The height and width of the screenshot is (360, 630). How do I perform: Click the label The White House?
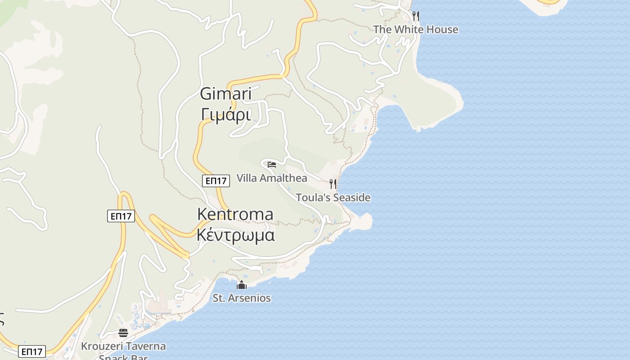click(x=415, y=30)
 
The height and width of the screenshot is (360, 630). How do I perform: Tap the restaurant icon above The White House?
click(x=416, y=16)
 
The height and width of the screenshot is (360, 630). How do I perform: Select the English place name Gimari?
click(x=225, y=94)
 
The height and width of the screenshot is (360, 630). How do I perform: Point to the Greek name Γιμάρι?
click(x=225, y=115)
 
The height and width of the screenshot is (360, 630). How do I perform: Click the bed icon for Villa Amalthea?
click(x=271, y=164)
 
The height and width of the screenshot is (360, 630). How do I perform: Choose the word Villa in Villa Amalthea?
click(x=246, y=178)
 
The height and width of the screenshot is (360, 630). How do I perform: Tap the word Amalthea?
click(x=283, y=178)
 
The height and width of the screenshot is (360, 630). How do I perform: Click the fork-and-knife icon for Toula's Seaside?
click(x=333, y=184)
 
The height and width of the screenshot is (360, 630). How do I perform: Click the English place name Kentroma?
click(x=235, y=214)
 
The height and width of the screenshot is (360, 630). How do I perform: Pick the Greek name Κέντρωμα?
click(x=235, y=235)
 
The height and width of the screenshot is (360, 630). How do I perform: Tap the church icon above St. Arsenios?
click(x=242, y=285)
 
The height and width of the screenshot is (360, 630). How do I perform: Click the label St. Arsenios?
click(x=242, y=298)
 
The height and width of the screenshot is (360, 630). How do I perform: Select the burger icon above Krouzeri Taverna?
click(x=123, y=333)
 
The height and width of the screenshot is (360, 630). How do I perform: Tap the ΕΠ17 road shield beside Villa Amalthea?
click(x=216, y=181)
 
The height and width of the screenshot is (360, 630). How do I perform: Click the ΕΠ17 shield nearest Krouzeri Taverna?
click(x=32, y=351)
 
